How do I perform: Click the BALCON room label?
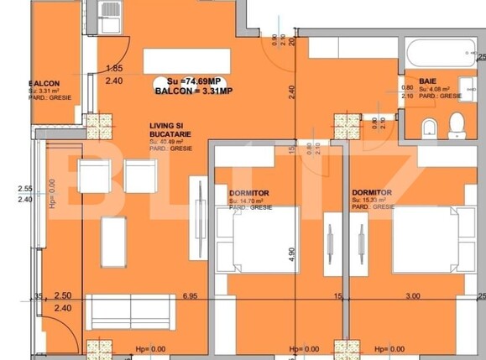click(x=43, y=84)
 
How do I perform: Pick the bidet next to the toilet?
click(x=429, y=128)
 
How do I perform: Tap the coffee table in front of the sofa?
click(x=113, y=242)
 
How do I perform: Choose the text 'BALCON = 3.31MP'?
click(x=195, y=90)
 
